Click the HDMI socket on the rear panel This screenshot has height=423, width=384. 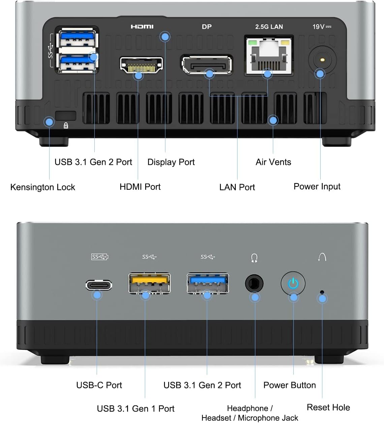pyautogui.click(x=141, y=65)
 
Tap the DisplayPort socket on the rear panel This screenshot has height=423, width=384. pyautogui.click(x=207, y=64)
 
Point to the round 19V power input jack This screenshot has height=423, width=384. pyautogui.click(x=322, y=60)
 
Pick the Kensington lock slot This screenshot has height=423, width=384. pyautogui.click(x=66, y=116)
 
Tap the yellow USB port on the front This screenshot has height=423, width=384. pyautogui.click(x=150, y=283)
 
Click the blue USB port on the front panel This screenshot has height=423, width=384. pyautogui.click(x=208, y=283)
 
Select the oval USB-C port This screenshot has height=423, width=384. pyautogui.click(x=99, y=285)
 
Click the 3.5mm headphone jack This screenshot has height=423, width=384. pyautogui.click(x=254, y=283)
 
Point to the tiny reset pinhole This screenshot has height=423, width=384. pyautogui.click(x=322, y=292)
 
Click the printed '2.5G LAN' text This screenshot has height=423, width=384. pyautogui.click(x=269, y=27)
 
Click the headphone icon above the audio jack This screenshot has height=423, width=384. pyautogui.click(x=254, y=258)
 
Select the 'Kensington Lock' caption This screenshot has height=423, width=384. pyautogui.click(x=43, y=187)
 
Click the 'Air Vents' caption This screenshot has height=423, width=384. pyautogui.click(x=273, y=162)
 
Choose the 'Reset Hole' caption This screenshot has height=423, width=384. pyautogui.click(x=328, y=407)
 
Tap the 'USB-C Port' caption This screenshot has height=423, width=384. pyautogui.click(x=99, y=385)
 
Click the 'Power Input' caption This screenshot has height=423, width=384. pyautogui.click(x=317, y=187)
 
